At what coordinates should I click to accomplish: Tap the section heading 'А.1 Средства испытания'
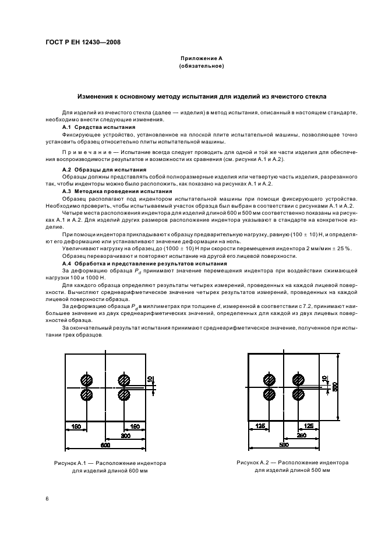point(98,127)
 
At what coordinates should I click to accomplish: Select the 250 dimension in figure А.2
point(301,435)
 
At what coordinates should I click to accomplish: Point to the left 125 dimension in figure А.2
point(260,425)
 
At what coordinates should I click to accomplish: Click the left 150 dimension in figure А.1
point(76,426)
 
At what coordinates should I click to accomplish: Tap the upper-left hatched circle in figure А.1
point(87,380)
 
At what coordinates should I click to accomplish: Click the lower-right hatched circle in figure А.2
point(298,395)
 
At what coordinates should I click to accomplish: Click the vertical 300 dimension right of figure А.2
point(335,387)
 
